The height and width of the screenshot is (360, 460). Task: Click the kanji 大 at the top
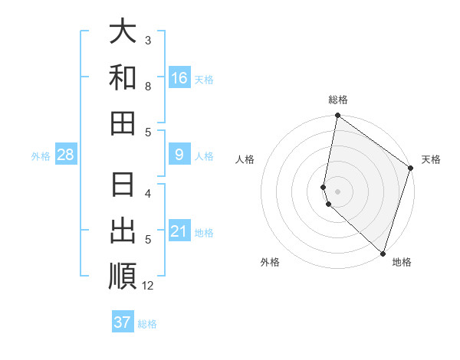pyautogui.click(x=123, y=32)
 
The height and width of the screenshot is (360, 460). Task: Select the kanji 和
pyautogui.click(x=123, y=78)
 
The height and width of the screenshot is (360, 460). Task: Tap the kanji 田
pyautogui.click(x=123, y=123)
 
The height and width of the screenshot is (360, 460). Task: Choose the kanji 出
pyautogui.click(x=123, y=231)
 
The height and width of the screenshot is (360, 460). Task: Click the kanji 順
pyautogui.click(x=123, y=277)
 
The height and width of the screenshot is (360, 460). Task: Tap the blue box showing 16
pyautogui.click(x=179, y=78)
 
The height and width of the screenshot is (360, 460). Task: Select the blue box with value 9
pyautogui.click(x=179, y=155)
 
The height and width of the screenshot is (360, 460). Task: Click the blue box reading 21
pyautogui.click(x=179, y=231)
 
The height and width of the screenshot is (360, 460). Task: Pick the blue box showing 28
pyautogui.click(x=66, y=155)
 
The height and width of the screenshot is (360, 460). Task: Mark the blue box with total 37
pyautogui.click(x=123, y=322)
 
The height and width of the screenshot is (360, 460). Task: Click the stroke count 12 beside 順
pyautogui.click(x=149, y=286)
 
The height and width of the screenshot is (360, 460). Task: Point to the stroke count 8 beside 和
pyautogui.click(x=148, y=87)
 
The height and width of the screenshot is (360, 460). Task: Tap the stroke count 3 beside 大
pyautogui.click(x=148, y=40)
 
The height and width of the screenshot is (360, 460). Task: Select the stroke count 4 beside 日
pyautogui.click(x=148, y=193)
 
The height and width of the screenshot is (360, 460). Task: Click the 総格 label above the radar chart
pyautogui.click(x=338, y=100)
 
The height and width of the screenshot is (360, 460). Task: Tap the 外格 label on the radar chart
pyautogui.click(x=270, y=262)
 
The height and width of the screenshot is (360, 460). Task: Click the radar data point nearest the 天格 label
pyautogui.click(x=411, y=169)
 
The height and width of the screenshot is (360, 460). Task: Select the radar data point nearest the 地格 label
pyautogui.click(x=383, y=254)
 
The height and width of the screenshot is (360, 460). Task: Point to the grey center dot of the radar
pyautogui.click(x=338, y=191)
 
